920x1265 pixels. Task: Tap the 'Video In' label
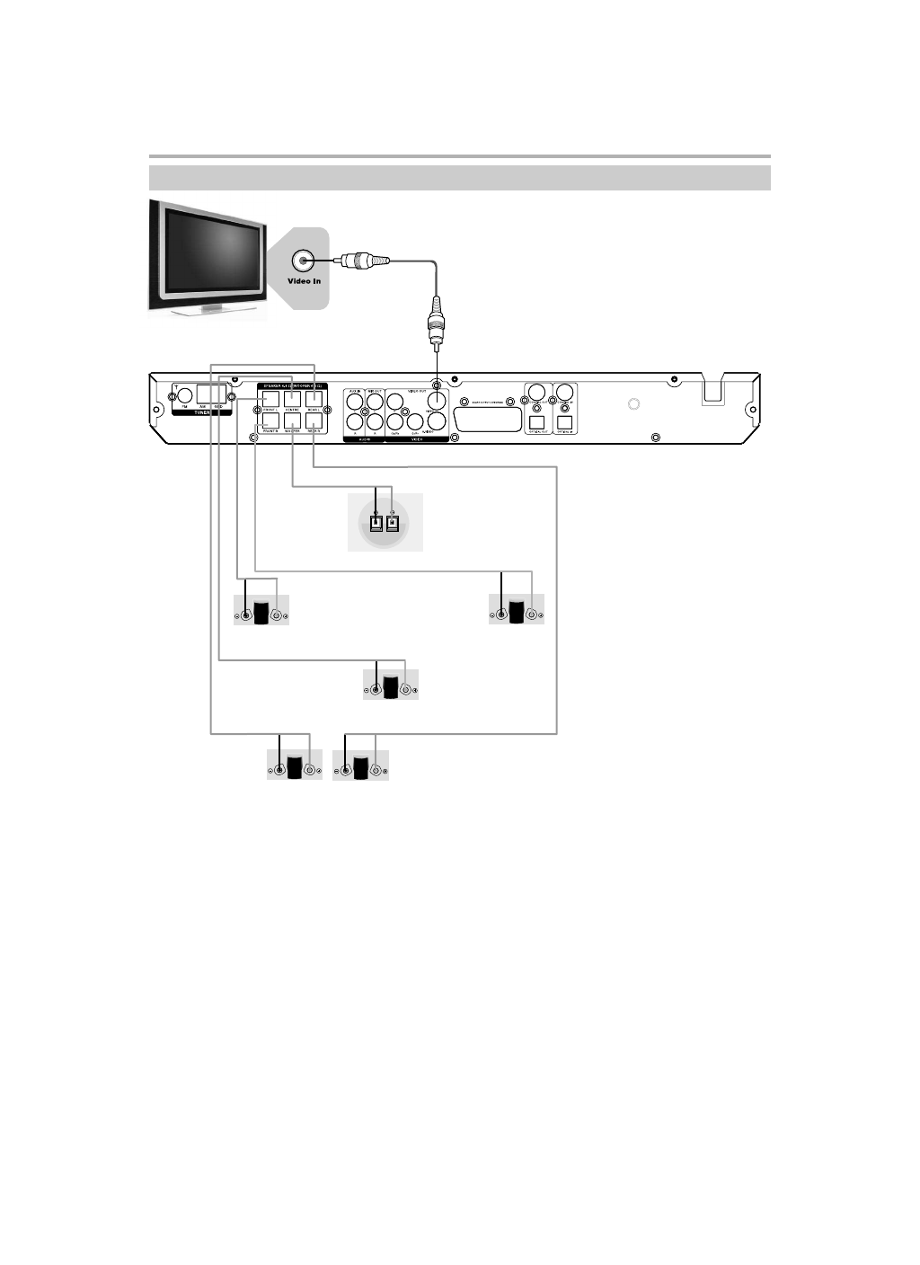[304, 281]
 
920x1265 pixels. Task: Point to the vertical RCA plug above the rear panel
[437, 323]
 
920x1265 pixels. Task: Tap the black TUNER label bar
[201, 412]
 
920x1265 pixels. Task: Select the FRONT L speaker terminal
[270, 397]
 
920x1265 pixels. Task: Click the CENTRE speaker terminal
[293, 397]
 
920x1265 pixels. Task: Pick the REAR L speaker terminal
[314, 397]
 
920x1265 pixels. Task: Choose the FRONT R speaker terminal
[270, 419]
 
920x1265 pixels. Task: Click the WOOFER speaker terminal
[293, 419]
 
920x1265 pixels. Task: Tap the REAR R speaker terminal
[314, 419]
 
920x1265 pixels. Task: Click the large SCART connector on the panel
[489, 419]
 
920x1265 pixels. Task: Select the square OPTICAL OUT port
[537, 422]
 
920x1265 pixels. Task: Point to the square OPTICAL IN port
[565, 422]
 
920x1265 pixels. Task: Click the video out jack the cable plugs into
[437, 401]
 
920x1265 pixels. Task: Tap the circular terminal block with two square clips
[385, 522]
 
